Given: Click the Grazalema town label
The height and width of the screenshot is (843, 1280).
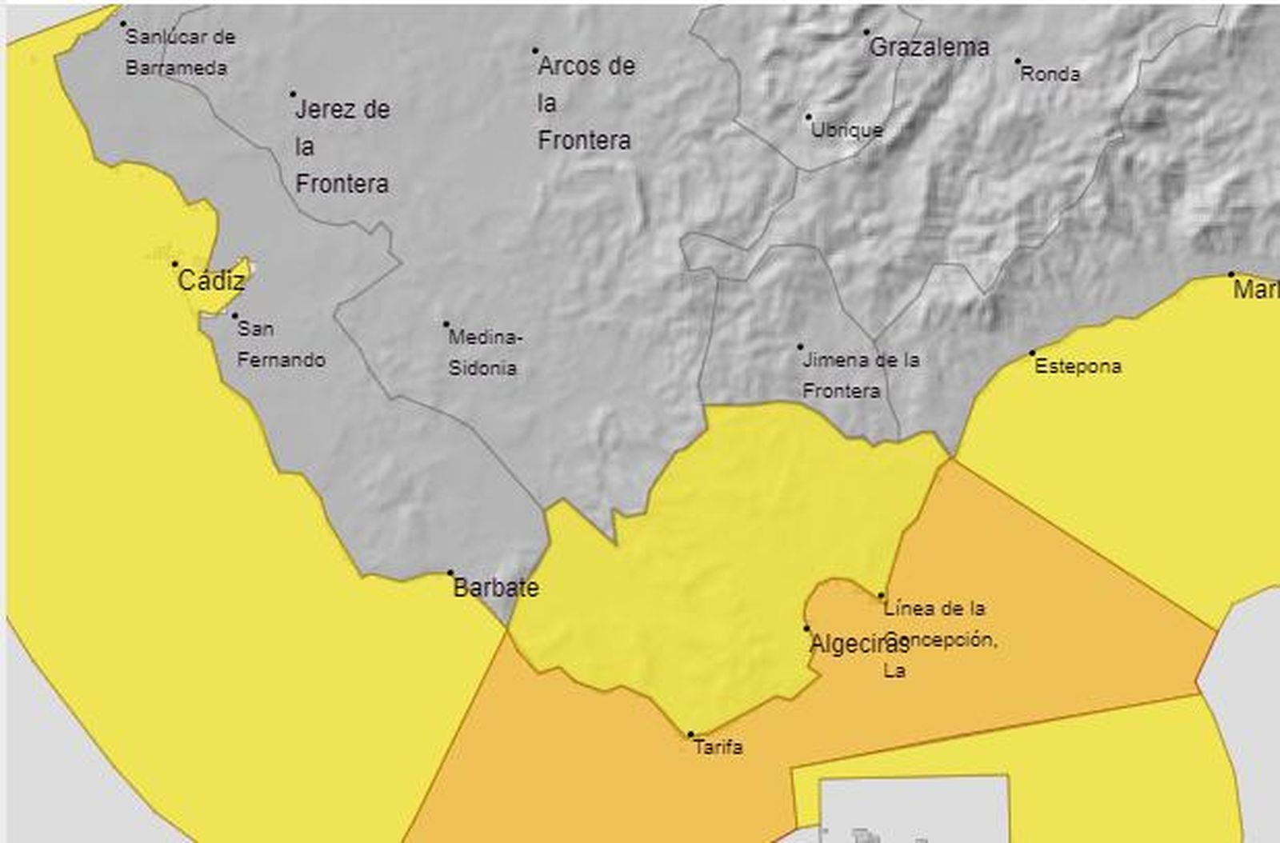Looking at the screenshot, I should pos(929,48).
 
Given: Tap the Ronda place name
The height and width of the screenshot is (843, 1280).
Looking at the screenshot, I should pos(1050,74).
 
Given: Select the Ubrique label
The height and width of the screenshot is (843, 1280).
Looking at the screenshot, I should pos(847,130).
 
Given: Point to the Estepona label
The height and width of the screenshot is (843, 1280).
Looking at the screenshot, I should pos(1078,366).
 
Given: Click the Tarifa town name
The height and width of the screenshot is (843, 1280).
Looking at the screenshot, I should pos(718,747).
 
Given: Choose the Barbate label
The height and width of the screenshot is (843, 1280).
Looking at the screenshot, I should pos(496,588).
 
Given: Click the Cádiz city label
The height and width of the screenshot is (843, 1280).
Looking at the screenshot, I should pos(211,281).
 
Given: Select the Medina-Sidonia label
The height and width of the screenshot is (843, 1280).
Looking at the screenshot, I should pos(484,352).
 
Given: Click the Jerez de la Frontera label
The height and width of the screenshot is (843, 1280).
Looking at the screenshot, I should pos(342,146).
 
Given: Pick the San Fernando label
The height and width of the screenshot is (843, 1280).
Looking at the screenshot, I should pos(280,344).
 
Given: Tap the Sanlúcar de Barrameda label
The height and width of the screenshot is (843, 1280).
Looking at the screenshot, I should pos(179,52).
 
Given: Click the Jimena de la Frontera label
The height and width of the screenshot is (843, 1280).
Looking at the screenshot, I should pos(860,375).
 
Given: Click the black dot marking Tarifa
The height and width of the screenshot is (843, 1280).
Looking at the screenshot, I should pos(690,734).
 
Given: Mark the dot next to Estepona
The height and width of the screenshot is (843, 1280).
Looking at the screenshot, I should pos(1032,353).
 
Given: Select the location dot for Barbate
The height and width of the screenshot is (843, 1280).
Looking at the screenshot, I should pos(450,573).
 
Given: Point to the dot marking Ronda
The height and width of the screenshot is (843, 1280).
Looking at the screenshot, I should pos(1018,61).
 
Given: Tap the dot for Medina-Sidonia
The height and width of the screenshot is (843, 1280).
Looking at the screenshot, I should pos(446,324).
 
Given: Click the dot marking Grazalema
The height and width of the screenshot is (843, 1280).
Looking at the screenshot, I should pos(866,33).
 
